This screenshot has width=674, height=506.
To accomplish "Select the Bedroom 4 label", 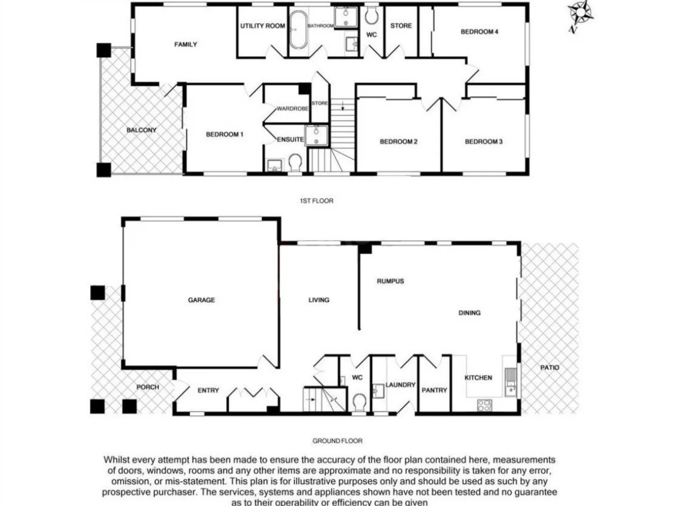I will pos(479,32).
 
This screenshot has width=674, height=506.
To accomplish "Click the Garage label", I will pos(201,300).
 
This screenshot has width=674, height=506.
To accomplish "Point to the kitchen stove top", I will pos(484,405).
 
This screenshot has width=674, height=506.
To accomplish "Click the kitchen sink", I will pos(511,382).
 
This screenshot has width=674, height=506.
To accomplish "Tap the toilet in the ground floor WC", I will pos(359,402).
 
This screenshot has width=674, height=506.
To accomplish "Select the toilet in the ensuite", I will pos(295,164).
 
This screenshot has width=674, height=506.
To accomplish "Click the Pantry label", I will pos(434,390).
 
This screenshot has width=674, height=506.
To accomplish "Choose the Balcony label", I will pos(141,130).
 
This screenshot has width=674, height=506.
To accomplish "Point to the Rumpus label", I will pos(390,281).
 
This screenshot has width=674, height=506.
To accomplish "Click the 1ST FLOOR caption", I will pos(316,201).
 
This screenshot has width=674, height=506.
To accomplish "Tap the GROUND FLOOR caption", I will pos(337,441).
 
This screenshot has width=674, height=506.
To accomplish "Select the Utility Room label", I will pos(263,26).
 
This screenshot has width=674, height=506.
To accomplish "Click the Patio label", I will pos(549,367).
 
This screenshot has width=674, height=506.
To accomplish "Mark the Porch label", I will pos(147,387).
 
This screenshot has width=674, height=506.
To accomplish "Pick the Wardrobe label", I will pos(292,109).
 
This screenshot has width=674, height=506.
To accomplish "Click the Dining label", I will pos(469,313).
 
